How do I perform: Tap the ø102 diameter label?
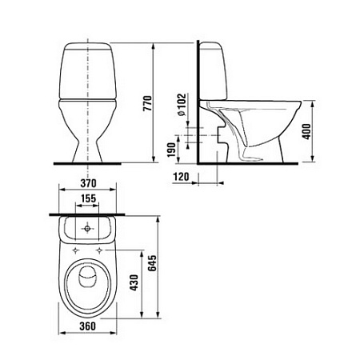[x=184, y=106]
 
